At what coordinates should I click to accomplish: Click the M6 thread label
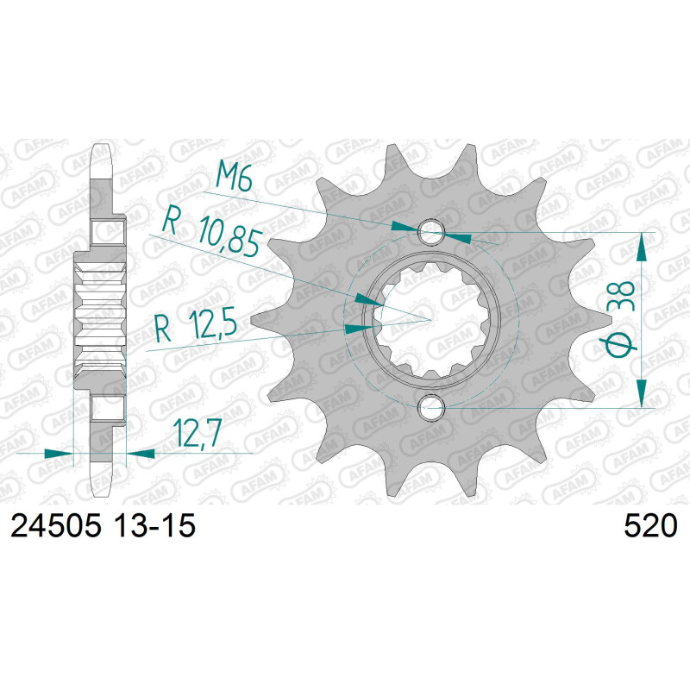coord(234,176)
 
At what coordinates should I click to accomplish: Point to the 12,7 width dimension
coord(197,433)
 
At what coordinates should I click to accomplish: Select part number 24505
coord(56,525)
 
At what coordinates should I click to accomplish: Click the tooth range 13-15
coord(154,525)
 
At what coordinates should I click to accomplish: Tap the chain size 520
coord(650,525)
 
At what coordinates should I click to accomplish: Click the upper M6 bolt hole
coord(432,231)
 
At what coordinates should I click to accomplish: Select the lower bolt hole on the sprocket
coord(432,406)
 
